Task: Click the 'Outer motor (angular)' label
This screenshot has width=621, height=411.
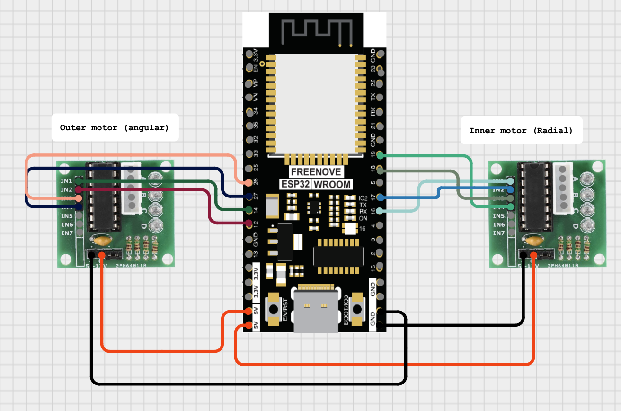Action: pyautogui.click(x=115, y=127)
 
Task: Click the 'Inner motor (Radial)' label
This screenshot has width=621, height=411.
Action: pyautogui.click(x=521, y=130)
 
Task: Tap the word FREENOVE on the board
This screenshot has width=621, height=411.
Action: pyautogui.click(x=316, y=171)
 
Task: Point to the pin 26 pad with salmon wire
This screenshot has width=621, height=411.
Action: pyautogui.click(x=249, y=182)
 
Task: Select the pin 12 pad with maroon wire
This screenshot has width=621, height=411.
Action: pyautogui.click(x=249, y=223)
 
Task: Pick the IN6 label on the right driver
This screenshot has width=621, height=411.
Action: pyautogui.click(x=498, y=224)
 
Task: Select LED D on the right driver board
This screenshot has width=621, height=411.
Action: pyautogui.click(x=586, y=225)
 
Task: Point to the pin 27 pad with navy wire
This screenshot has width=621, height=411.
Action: pyautogui.click(x=249, y=196)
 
